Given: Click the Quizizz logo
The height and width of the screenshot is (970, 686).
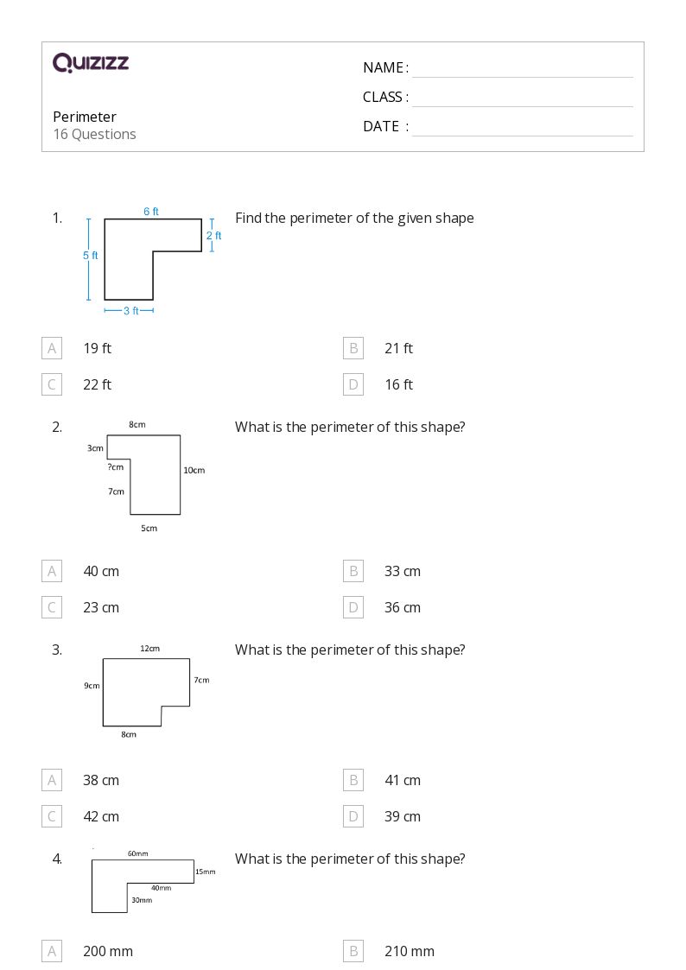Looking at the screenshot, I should pos(91,62).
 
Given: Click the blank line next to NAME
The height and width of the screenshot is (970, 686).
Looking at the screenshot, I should pos(522,69).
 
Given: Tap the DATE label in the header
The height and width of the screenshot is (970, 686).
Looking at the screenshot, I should pos(381,126).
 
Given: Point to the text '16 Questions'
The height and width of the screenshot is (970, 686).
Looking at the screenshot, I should pos(94,134).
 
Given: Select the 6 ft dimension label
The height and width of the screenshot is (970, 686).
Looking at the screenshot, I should pos(151,212).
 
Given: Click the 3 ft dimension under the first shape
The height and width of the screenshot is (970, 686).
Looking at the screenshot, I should pos(130,311).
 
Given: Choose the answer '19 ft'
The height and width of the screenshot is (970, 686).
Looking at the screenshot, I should pos(97,348).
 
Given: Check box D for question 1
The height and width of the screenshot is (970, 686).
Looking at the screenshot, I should pos(353,384).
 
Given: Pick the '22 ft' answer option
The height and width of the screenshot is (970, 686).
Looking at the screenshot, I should pos(97,384).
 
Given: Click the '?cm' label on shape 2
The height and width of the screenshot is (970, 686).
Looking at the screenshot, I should pos(115,467).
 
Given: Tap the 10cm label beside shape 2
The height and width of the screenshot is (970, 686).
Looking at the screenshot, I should pos(194,471).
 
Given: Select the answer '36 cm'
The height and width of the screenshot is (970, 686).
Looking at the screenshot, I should pos(403,607).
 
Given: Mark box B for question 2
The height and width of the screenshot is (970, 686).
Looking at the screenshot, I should pos(353,571).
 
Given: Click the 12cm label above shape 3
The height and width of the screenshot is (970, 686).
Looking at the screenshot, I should pos(149,649).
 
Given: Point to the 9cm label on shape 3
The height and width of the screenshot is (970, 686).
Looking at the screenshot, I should pos(92,686).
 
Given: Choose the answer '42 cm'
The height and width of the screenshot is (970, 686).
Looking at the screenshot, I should pos(101,816).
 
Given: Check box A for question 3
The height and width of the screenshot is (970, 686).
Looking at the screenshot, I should pos(52,780).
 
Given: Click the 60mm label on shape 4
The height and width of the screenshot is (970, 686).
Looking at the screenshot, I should pos(137,853).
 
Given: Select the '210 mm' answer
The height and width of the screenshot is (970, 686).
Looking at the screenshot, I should pos(410,951).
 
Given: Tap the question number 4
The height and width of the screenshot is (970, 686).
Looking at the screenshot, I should pos(57,859).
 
